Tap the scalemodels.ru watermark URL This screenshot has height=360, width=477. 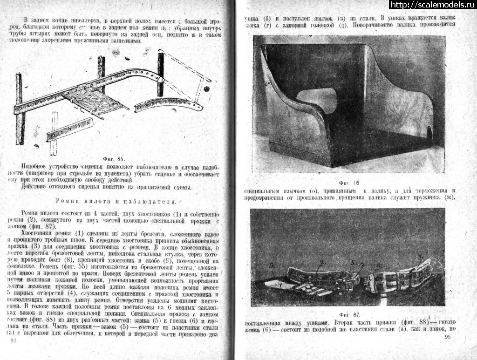[x=432, y=5]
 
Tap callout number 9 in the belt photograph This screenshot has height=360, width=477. [x=272, y=267]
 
